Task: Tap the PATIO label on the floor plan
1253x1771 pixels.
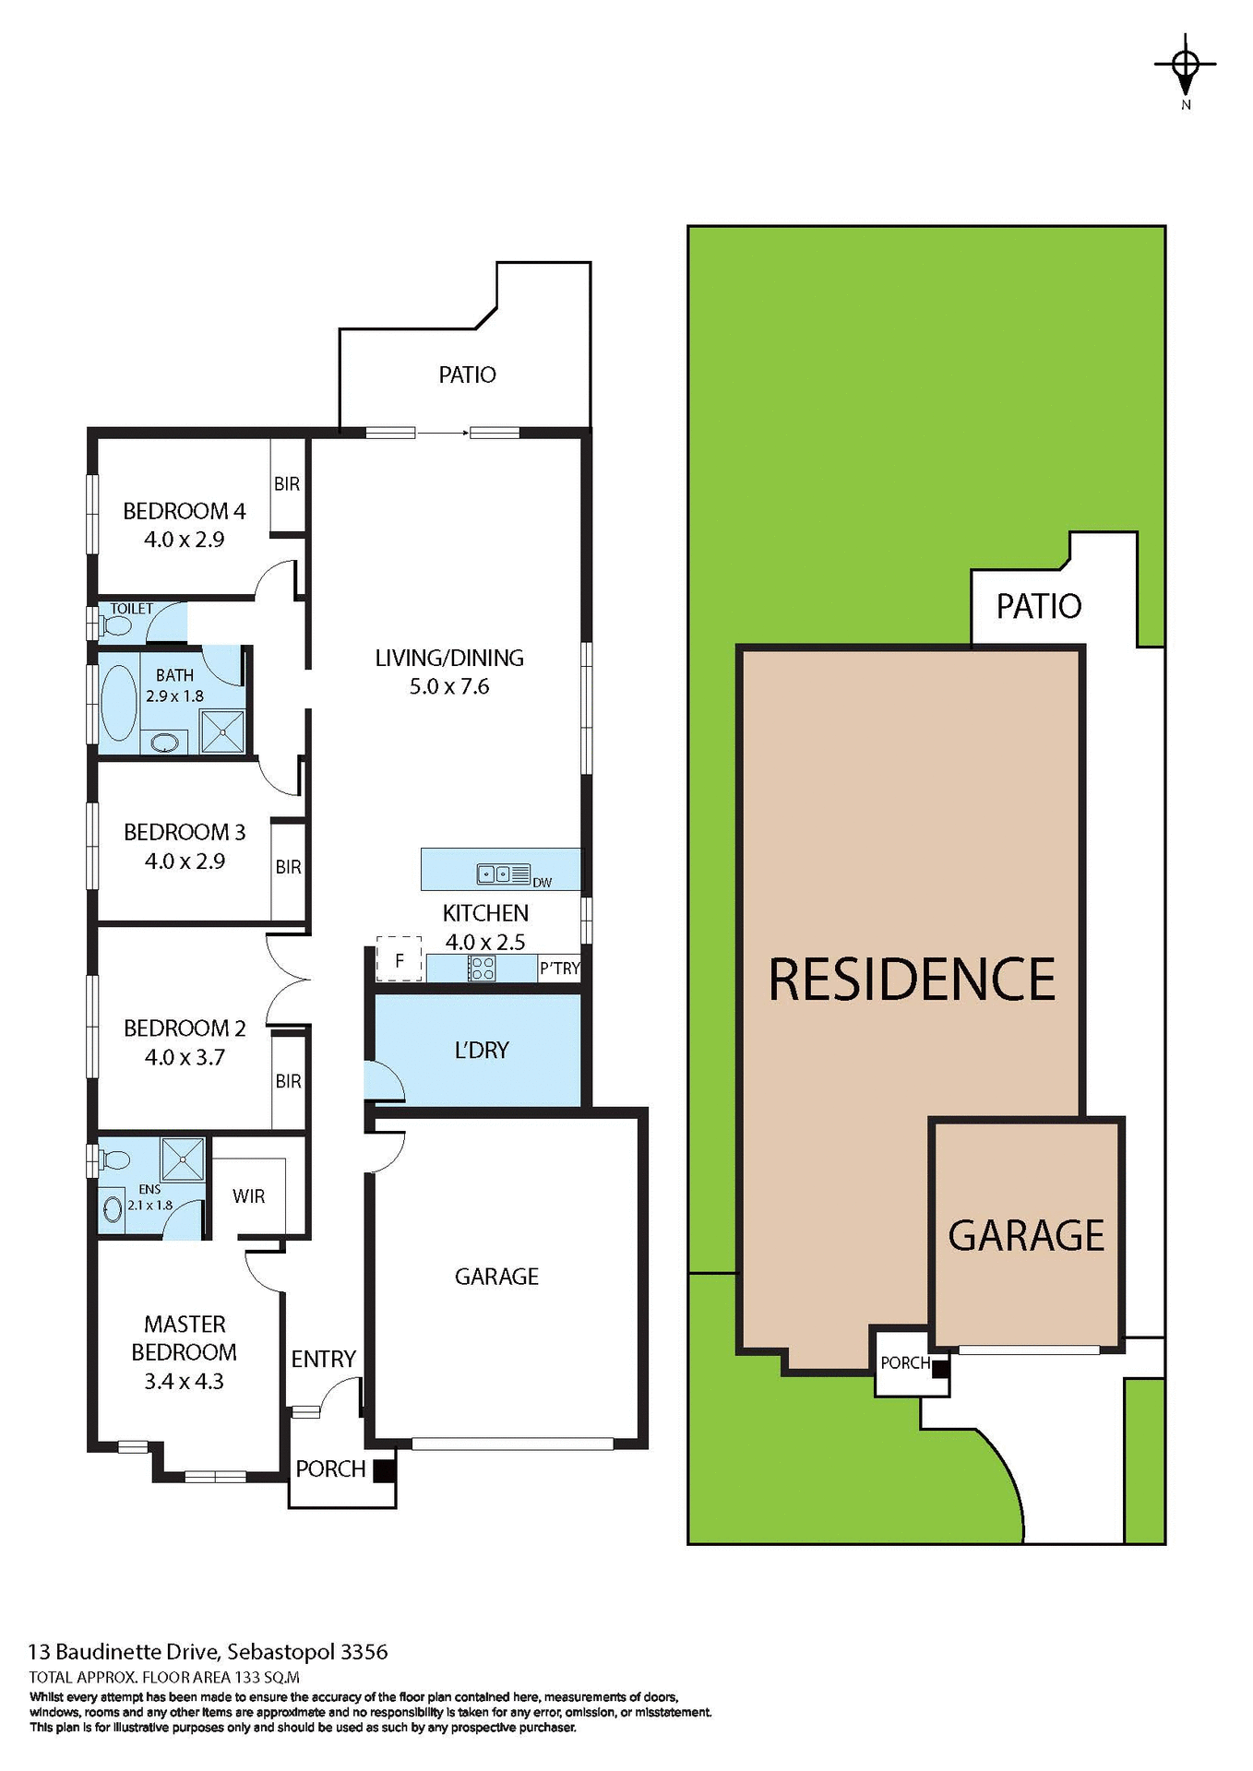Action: tap(467, 374)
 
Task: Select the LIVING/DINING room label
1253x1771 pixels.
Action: tap(449, 658)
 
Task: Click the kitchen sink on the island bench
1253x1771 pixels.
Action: tap(494, 873)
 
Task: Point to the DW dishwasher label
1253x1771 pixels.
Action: tap(543, 883)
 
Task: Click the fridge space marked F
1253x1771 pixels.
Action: tap(400, 960)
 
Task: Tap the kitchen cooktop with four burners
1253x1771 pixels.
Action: tap(483, 968)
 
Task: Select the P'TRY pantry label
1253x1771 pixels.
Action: tap(559, 968)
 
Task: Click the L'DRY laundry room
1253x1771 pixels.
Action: tap(482, 1050)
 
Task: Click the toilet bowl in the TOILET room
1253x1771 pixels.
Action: tap(116, 625)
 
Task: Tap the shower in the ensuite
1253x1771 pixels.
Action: tap(183, 1159)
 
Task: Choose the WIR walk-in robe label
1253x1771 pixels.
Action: tap(248, 1196)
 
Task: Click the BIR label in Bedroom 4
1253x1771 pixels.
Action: tap(287, 483)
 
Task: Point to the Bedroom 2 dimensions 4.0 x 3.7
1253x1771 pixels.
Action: tap(185, 1057)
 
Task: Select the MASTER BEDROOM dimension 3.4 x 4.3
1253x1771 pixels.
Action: tap(184, 1381)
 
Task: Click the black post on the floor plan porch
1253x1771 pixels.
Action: tap(385, 1469)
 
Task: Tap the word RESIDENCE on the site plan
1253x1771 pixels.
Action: tap(912, 979)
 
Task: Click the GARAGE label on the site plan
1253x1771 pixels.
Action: tap(1026, 1235)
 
